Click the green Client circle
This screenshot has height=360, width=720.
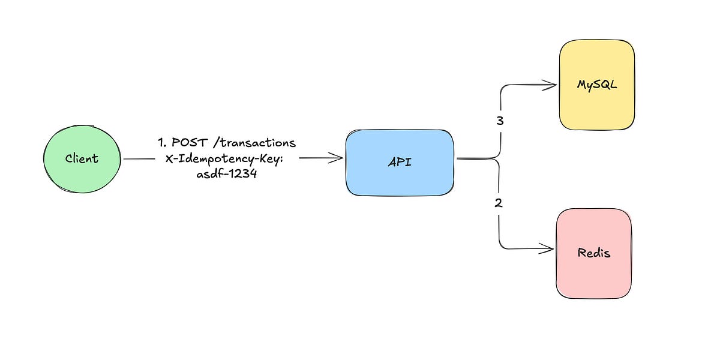pos(82,159)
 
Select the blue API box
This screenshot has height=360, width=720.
pos(400,163)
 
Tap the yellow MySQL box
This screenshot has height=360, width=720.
pos(597,85)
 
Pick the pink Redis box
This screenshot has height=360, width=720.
pos(594,253)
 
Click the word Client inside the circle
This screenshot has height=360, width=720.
pos(82,158)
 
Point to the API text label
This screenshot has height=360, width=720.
pos(400,162)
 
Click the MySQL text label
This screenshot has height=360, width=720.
pos(597,85)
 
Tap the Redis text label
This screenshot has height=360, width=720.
pos(593,253)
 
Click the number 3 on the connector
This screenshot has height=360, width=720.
pos(500,121)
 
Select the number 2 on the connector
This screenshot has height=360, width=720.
pos(498,203)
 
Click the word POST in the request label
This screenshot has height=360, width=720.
pos(190,142)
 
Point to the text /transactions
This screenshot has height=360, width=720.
pos(254,142)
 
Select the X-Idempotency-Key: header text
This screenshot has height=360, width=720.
pos(224,158)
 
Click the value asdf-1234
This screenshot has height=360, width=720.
pos(227,174)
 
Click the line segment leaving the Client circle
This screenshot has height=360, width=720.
pos(139,159)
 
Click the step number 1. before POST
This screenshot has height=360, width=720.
pos(162,142)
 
